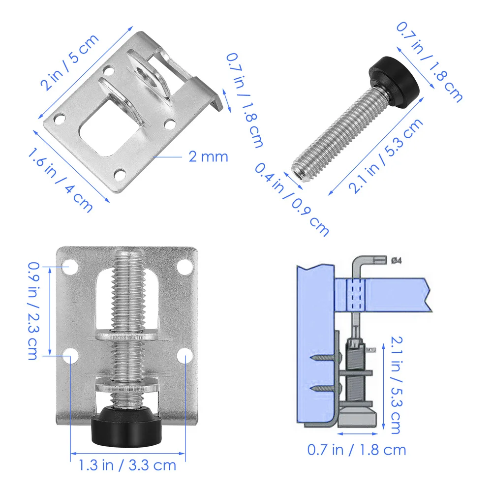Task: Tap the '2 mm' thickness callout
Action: [209, 157]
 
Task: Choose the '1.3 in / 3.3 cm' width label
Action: [127, 465]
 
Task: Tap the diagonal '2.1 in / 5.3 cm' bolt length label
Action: [387, 156]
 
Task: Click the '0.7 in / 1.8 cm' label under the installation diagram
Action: [357, 449]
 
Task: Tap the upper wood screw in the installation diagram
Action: [325, 358]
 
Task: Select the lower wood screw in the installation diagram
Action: [325, 389]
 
